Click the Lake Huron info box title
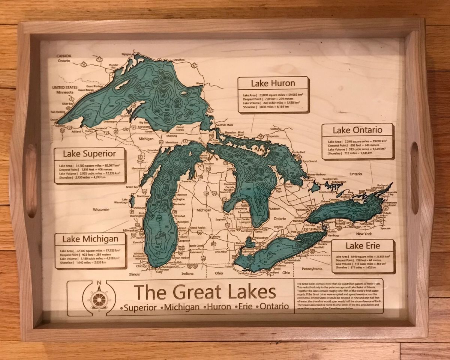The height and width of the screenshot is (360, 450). (273, 83)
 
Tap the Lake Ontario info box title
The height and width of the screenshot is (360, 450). (357, 130)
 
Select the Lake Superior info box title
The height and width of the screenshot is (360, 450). (89, 154)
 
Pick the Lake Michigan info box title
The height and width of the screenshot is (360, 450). (90, 239)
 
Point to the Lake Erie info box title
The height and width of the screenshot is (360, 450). (363, 246)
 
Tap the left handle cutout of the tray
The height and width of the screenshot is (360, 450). (31, 180)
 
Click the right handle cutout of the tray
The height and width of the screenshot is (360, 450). (415, 178)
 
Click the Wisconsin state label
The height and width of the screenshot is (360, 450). (101, 209)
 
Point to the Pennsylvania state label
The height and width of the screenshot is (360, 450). (312, 269)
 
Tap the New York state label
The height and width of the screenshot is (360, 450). (364, 234)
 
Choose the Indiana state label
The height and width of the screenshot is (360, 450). (187, 274)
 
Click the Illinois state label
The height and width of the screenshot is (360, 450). (134, 274)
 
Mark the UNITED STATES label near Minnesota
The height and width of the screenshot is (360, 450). (65, 87)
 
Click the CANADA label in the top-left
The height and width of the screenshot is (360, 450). (64, 56)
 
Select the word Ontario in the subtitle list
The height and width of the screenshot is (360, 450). (274, 306)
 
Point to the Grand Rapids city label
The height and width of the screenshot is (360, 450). (198, 228)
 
